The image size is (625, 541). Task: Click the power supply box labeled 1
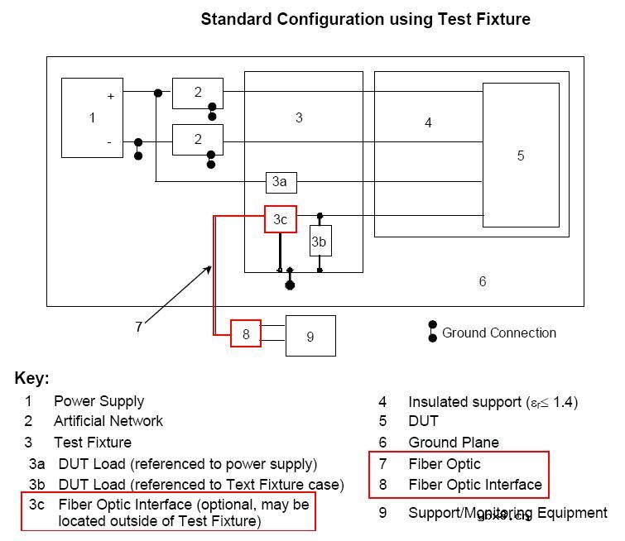point(93,117)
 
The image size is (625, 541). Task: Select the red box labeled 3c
point(281,219)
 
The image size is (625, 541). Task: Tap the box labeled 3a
point(281,181)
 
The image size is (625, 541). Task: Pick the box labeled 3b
point(320,242)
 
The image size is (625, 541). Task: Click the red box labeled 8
point(246,333)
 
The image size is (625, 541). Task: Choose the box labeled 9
point(310,336)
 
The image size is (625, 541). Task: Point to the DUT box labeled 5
point(520,155)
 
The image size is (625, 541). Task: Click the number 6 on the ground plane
point(483,282)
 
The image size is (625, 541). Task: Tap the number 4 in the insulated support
point(428,123)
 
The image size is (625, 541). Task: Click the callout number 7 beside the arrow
point(139,327)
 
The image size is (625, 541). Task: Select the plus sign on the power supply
point(110,96)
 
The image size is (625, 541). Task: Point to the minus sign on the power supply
point(109,142)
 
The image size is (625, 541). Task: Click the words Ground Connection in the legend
point(499,333)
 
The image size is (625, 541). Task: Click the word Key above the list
point(31,379)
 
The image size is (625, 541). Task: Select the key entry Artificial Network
point(108,421)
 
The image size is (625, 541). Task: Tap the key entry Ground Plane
point(454,443)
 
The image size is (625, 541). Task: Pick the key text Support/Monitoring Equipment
point(507,513)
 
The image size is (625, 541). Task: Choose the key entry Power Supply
point(99,401)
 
